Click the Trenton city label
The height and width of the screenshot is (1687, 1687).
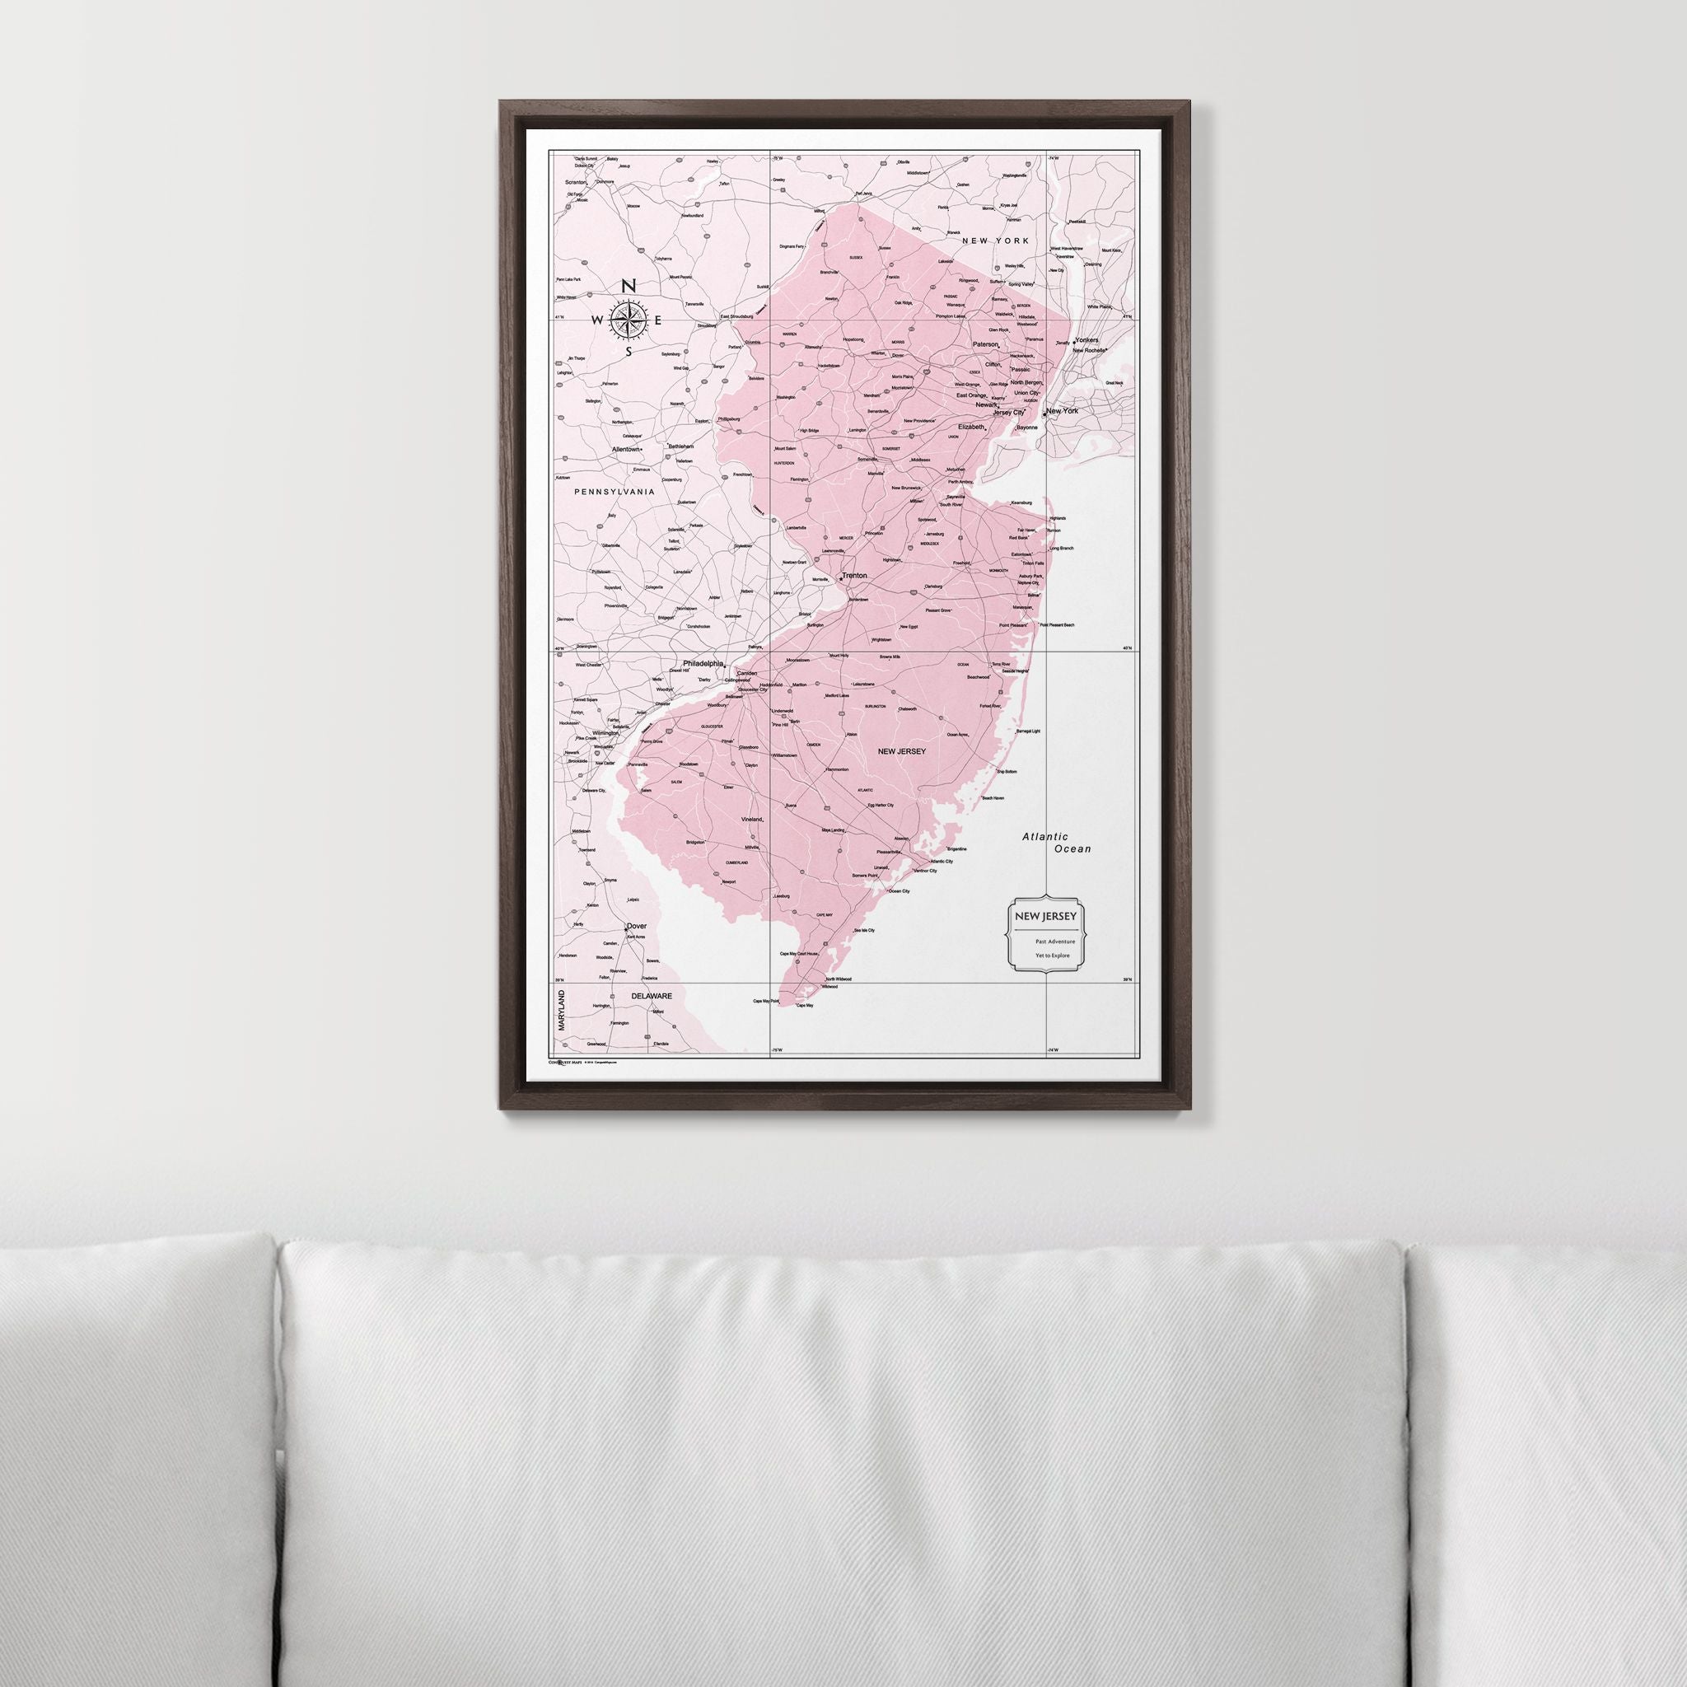pos(855,576)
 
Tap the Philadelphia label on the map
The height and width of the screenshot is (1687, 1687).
pos(703,664)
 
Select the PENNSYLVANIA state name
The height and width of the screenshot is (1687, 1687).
pos(614,492)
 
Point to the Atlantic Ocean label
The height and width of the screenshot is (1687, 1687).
pos(1057,843)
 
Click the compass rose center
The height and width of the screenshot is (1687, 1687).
pos(628,320)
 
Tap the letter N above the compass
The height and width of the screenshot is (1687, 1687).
pos(628,287)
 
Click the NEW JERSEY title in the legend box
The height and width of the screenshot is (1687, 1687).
pos(1044,916)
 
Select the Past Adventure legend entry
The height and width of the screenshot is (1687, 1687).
pos(1055,942)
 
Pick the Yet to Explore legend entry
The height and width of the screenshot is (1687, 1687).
pos(1052,956)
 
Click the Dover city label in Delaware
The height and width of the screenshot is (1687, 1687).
pos(636,928)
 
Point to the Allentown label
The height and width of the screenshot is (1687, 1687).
pos(626,449)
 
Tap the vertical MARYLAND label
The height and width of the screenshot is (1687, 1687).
pos(562,1010)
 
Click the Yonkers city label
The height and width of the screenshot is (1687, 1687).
pos(1087,339)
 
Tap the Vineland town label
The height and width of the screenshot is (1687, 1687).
pos(752,820)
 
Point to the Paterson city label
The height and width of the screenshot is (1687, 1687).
pos(985,344)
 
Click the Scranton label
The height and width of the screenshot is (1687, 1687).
pos(576,183)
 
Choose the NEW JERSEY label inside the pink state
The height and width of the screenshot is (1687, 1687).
pos(901,750)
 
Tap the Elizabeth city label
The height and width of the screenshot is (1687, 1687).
pos(971,427)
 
